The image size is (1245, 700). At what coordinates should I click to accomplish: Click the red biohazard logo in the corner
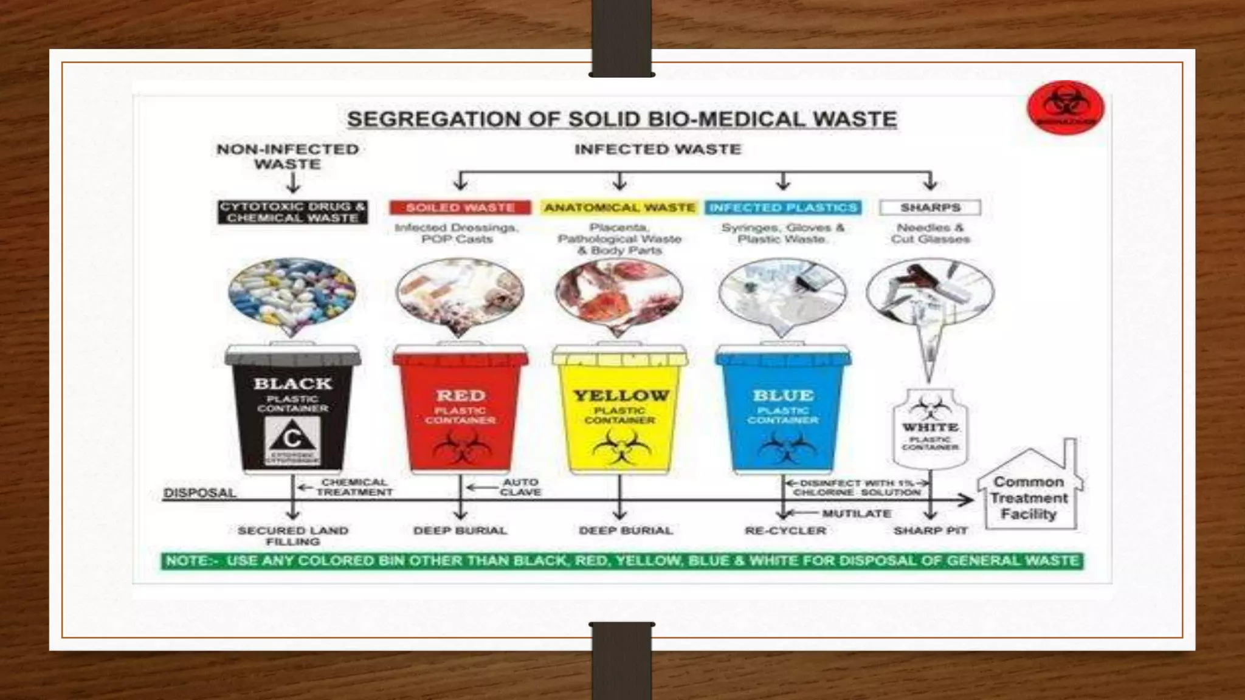tap(1065, 108)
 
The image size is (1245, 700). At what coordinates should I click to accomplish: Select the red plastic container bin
tap(460, 410)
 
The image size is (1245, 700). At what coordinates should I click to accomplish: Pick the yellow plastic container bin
tap(620, 410)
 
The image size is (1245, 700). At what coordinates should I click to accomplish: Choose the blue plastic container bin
tap(783, 410)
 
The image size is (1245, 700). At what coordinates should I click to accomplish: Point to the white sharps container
tap(930, 428)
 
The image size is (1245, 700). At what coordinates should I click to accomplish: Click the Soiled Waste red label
tap(460, 208)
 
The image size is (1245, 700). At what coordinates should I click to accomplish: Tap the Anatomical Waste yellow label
tap(619, 208)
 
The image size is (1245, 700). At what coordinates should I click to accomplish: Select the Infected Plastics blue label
tap(783, 208)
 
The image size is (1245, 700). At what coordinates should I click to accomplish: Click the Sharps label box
tap(930, 208)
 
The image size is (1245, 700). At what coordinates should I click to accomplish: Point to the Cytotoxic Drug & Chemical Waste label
tap(292, 212)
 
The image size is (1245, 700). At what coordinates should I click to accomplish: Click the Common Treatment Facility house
tap(1029, 489)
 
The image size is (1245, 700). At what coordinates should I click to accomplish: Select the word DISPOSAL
tap(199, 493)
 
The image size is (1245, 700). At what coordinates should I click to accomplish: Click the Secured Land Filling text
tap(292, 535)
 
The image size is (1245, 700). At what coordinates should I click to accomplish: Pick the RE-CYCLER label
tap(785, 530)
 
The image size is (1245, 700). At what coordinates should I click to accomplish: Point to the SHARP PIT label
tap(930, 530)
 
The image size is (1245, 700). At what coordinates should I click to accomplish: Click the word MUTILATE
tap(856, 514)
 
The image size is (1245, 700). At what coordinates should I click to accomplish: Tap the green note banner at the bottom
tap(621, 560)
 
